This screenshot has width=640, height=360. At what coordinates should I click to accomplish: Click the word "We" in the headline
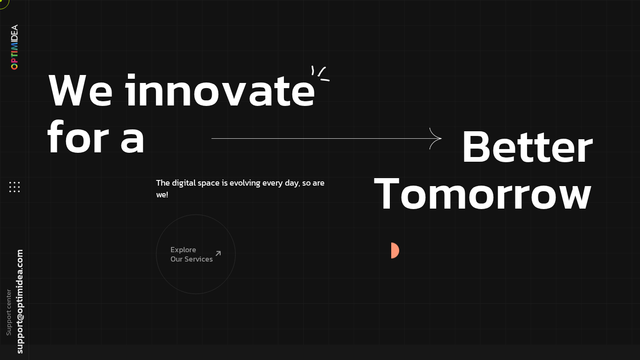point(80,91)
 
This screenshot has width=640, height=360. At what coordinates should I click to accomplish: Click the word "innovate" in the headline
point(220,91)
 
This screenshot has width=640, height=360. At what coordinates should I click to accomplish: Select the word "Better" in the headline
point(527,148)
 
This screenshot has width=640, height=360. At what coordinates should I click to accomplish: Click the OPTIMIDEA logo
point(15,47)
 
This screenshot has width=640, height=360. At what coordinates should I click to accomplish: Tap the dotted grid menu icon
point(15,187)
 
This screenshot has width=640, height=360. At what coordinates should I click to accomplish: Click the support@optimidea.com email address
point(20,301)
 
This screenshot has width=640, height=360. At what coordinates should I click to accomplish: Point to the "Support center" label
point(8,312)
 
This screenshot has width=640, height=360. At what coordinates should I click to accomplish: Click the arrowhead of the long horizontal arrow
point(437,138)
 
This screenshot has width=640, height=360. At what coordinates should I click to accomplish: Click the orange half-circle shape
point(394,251)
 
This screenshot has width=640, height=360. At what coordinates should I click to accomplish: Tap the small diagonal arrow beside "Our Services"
point(218,254)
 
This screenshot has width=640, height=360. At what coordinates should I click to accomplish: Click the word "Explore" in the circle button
point(183,250)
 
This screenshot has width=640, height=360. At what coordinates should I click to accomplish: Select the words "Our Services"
point(191,259)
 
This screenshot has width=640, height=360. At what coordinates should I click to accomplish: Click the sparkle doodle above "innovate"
point(320,73)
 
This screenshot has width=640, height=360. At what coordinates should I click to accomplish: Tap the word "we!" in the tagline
point(162,195)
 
